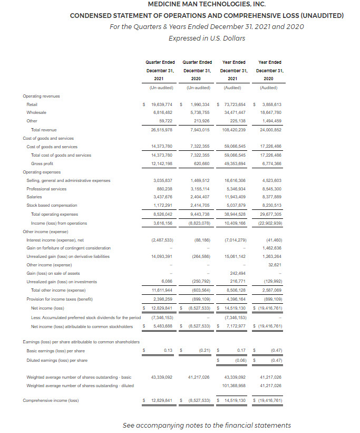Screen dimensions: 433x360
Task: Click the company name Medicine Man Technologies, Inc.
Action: (x=206, y=5)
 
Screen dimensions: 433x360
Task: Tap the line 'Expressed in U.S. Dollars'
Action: (x=206, y=38)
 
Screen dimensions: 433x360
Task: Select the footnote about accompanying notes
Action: (x=206, y=425)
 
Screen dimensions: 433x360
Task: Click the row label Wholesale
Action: (x=36, y=112)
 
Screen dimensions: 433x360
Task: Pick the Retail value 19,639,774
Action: (x=162, y=104)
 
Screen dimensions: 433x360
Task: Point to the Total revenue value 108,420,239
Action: (x=235, y=129)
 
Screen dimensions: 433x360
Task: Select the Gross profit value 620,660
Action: (x=199, y=163)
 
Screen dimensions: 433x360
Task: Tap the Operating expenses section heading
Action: (x=42, y=172)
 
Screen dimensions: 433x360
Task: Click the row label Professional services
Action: (x=46, y=189)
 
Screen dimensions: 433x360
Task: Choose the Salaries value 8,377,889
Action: (x=270, y=197)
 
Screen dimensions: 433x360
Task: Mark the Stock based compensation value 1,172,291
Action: (x=162, y=205)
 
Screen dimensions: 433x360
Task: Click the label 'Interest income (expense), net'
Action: (x=55, y=240)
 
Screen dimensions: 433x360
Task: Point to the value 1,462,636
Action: (x=270, y=248)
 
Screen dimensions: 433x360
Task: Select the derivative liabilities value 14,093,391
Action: (x=162, y=256)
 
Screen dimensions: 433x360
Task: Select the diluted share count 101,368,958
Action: (x=235, y=386)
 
